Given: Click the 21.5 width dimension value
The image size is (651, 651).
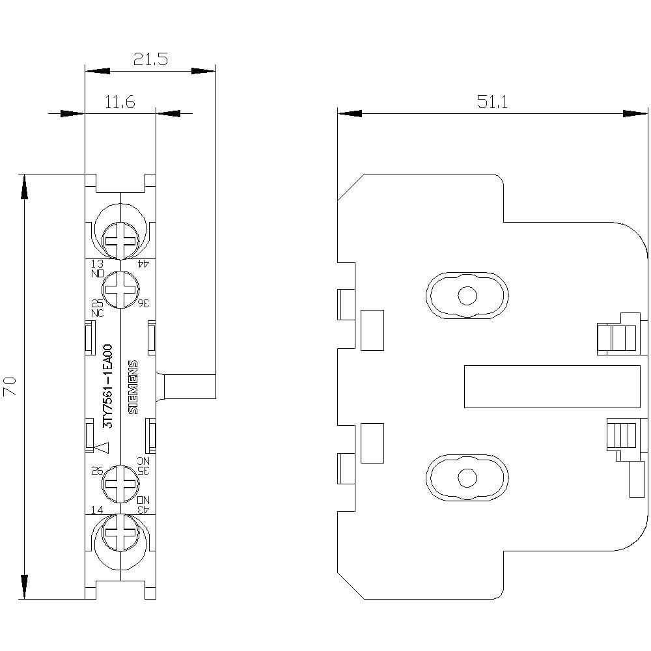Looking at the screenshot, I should point(150,60).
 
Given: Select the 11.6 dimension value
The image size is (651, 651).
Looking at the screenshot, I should point(119,103).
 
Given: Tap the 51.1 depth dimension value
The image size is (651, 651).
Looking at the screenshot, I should point(492,103).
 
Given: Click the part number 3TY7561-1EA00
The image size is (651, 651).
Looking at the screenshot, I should point(109,386).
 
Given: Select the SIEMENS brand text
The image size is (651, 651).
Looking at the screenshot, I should point(133,386).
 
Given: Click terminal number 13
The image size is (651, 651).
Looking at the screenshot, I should point(96,264).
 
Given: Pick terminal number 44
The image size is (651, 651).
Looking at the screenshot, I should point(144,264).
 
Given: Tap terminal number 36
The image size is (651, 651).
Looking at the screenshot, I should point(144,303).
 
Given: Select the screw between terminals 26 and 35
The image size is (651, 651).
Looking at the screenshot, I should point(120,483).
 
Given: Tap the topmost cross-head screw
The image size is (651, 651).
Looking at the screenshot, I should point(120,240).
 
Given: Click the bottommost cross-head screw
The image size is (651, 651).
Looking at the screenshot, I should point(120,532).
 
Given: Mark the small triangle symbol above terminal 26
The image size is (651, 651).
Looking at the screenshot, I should point(101,447).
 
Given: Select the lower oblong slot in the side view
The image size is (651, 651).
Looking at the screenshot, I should point(467,477).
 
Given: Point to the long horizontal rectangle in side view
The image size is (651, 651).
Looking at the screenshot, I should point(551,387).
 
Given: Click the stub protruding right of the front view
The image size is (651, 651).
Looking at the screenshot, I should point(189,386).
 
